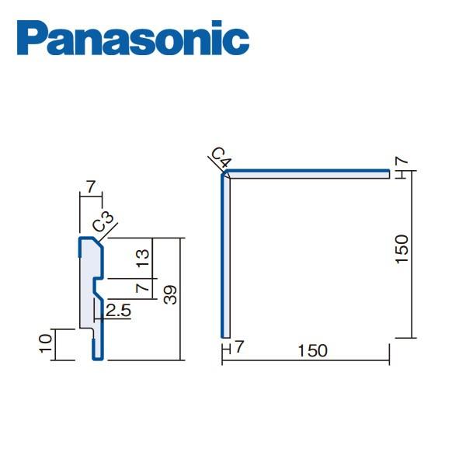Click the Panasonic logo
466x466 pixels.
(x=133, y=40)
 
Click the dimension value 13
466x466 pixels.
(x=141, y=257)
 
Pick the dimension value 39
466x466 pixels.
(x=171, y=294)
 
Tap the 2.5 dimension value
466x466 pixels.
(x=119, y=311)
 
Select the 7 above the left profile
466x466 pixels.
(x=90, y=186)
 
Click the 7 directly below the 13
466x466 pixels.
(x=141, y=287)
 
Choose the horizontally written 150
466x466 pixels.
(x=312, y=350)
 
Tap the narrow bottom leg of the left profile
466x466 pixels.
(x=97, y=347)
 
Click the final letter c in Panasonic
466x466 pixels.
(x=239, y=40)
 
